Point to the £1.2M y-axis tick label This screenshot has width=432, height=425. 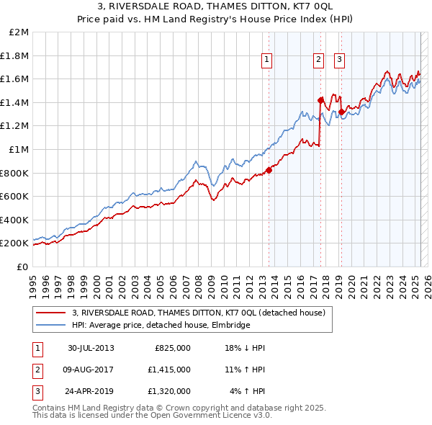pyautogui.click(x=16, y=125)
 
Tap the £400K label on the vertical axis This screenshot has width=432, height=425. pyautogui.click(x=15, y=220)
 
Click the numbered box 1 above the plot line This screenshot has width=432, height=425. pyautogui.click(x=267, y=61)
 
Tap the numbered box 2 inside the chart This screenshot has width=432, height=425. pyautogui.click(x=318, y=61)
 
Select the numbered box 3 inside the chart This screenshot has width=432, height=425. pyautogui.click(x=339, y=61)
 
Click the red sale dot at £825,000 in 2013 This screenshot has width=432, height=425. pyautogui.click(x=269, y=170)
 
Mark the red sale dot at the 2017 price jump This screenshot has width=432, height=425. pyautogui.click(x=320, y=100)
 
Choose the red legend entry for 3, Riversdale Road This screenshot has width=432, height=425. pyautogui.click(x=199, y=313)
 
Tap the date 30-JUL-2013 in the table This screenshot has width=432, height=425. pyautogui.click(x=91, y=348)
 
